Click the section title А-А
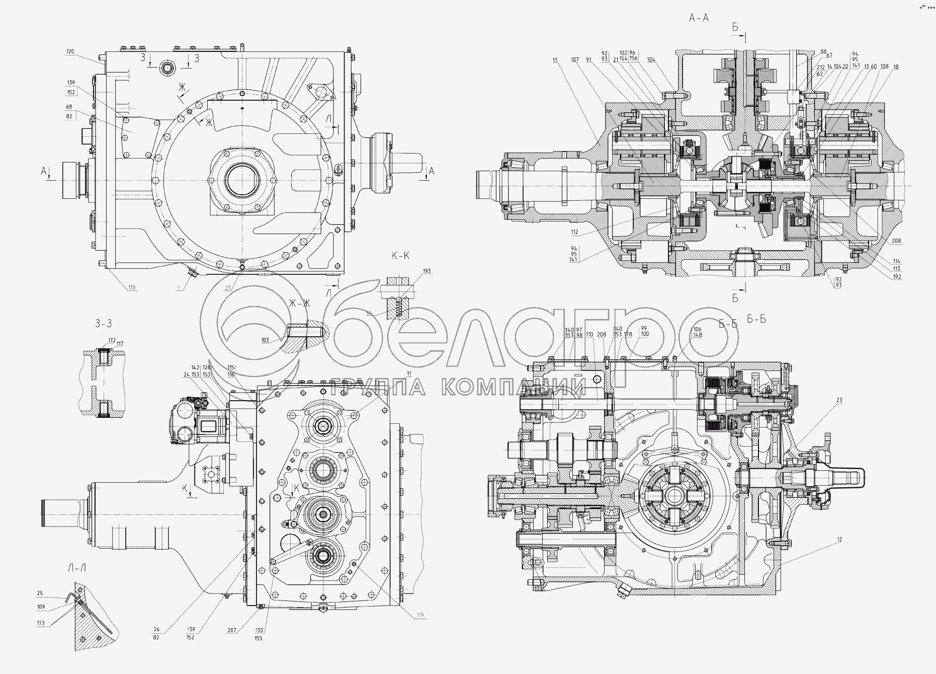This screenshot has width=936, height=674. click(699, 19)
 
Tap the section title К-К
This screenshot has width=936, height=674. click(400, 256)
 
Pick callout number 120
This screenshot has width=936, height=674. click(70, 52)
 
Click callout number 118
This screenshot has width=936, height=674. click(132, 287)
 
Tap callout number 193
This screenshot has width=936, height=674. click(427, 271)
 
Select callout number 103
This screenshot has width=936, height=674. click(266, 340)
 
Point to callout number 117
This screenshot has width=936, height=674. click(120, 344)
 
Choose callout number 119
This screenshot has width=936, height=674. click(419, 615)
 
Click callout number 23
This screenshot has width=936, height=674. click(839, 401)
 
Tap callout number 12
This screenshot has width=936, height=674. click(839, 540)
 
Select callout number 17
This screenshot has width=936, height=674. click(555, 60)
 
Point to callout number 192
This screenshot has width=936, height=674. click(897, 276)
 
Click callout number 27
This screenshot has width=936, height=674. click(228, 288)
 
